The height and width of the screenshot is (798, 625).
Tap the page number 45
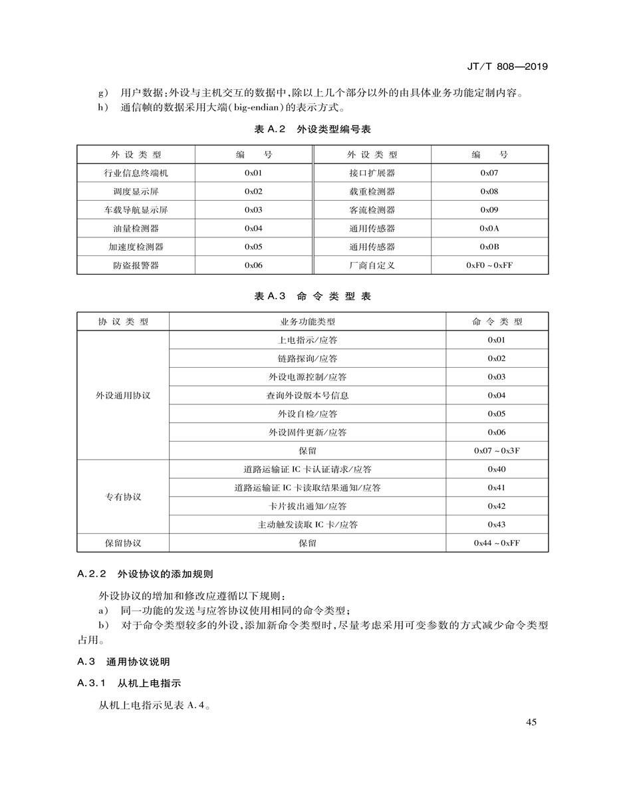click(x=531, y=723)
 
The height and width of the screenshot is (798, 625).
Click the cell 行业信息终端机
click(x=136, y=173)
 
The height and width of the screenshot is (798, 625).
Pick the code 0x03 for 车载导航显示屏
click(x=253, y=209)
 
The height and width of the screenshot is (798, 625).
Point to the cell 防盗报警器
click(x=136, y=265)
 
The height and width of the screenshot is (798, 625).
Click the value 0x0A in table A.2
click(x=489, y=228)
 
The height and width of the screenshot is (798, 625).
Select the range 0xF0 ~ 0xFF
click(x=489, y=265)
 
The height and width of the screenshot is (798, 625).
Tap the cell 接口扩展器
click(x=372, y=173)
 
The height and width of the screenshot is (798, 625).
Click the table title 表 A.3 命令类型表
click(x=312, y=297)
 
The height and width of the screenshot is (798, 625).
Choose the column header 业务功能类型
click(x=307, y=322)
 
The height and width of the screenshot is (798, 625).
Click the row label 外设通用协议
click(x=123, y=395)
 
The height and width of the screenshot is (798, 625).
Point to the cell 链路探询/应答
click(x=307, y=358)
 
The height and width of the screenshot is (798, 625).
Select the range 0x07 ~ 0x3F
click(x=497, y=450)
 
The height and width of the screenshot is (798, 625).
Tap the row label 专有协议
click(x=123, y=497)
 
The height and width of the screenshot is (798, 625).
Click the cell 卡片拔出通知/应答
click(x=307, y=506)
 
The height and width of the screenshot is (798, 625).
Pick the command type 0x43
click(x=497, y=525)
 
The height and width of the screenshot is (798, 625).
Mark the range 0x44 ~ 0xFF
click(x=497, y=543)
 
